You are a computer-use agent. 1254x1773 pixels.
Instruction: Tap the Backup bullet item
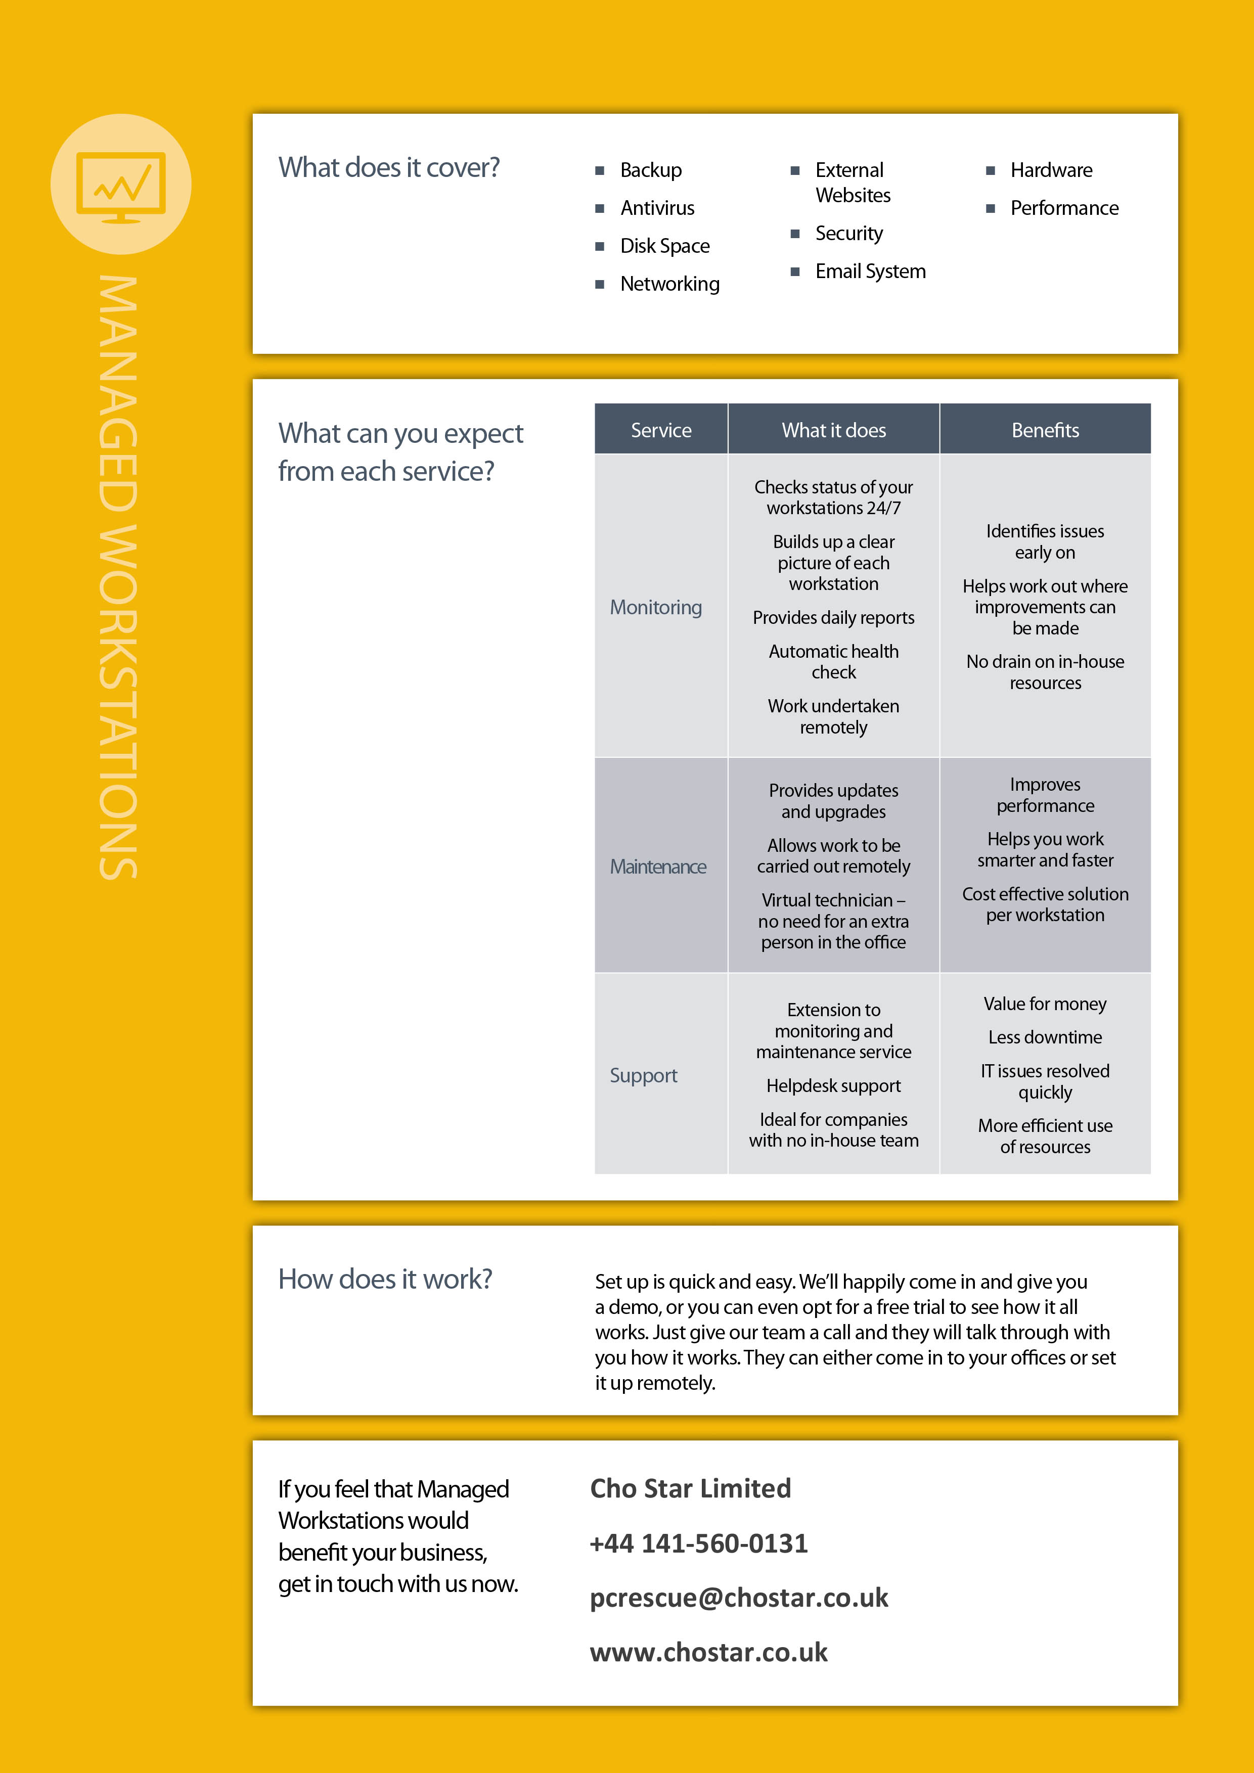[x=650, y=170]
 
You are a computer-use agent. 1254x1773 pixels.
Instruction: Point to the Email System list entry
[x=870, y=271]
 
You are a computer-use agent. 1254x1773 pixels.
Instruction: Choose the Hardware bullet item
[x=1051, y=170]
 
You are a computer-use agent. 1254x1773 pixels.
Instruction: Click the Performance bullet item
[x=1063, y=208]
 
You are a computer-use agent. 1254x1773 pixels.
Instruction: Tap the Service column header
[x=661, y=430]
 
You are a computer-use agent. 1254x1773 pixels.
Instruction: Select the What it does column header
[x=833, y=430]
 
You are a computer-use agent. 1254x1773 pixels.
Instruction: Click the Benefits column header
[x=1045, y=430]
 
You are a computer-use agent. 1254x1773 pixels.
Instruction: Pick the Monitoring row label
[x=656, y=607]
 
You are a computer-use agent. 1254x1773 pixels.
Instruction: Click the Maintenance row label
[x=658, y=867]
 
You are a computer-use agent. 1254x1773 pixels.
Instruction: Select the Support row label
[x=643, y=1075]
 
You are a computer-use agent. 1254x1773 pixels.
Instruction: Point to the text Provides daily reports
[x=833, y=618]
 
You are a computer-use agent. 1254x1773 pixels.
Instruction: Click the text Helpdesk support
[x=833, y=1086]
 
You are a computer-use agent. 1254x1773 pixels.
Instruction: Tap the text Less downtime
[x=1045, y=1037]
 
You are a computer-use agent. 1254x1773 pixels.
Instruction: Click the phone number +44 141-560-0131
[x=698, y=1543]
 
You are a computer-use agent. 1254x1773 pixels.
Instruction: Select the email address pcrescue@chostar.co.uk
[x=739, y=1597]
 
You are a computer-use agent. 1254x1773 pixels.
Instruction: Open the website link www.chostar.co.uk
[x=708, y=1652]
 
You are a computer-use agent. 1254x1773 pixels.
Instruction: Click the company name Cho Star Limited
[x=690, y=1488]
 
